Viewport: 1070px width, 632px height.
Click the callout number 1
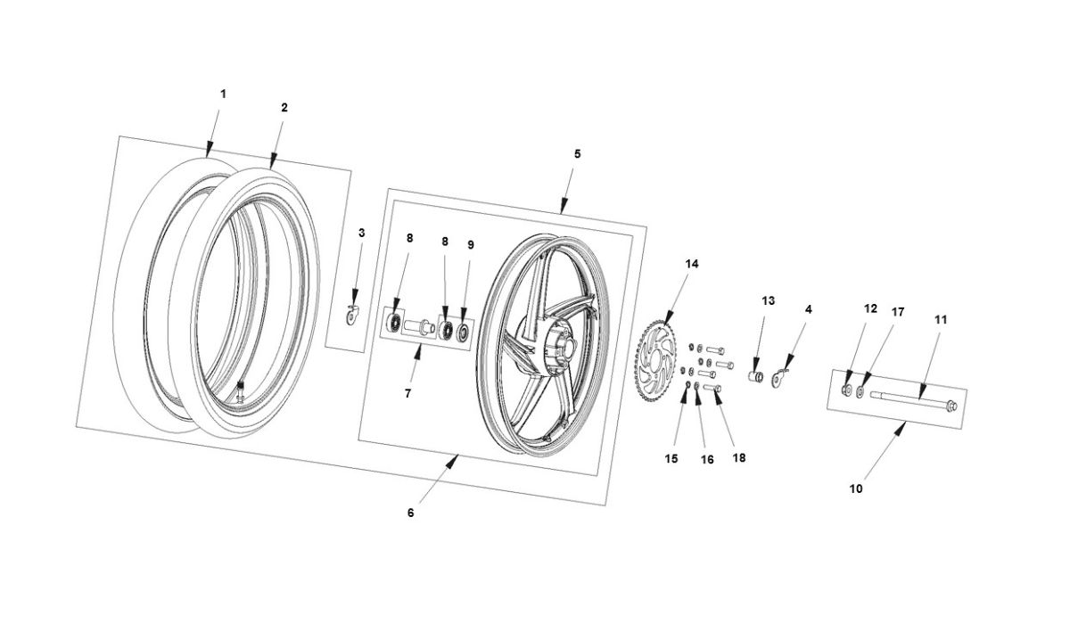click(x=223, y=94)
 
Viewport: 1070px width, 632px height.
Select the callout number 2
click(x=284, y=107)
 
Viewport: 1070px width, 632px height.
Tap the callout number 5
click(x=577, y=153)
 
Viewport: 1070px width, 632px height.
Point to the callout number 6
click(x=410, y=513)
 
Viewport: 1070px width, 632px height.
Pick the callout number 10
click(x=857, y=488)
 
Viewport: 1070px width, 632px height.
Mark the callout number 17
click(x=898, y=312)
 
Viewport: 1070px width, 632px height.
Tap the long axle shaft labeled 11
click(x=909, y=398)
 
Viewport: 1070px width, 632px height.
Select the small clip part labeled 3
click(x=353, y=313)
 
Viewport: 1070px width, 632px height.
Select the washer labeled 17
click(x=860, y=391)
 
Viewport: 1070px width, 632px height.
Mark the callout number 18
click(x=738, y=457)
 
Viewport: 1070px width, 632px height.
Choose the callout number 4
click(x=808, y=309)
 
